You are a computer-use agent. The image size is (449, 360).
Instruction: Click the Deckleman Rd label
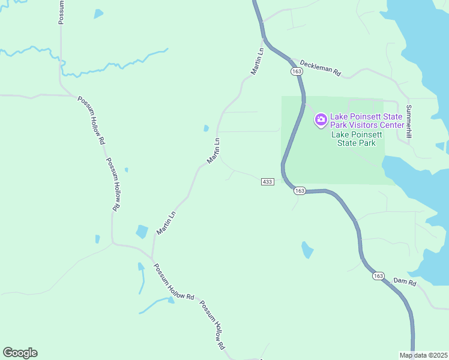pyautogui.click(x=320, y=68)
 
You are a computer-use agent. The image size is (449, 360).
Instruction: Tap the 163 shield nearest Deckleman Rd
pyautogui.click(x=296, y=71)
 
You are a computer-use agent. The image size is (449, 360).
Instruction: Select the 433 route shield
pyautogui.click(x=268, y=181)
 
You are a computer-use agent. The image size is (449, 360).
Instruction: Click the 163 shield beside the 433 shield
pyautogui.click(x=300, y=190)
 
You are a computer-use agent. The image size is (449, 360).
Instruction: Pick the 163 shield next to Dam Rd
pyautogui.click(x=378, y=276)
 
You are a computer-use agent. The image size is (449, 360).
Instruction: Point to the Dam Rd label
pyautogui.click(x=405, y=281)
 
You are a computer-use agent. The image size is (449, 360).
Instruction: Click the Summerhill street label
pyautogui.click(x=409, y=122)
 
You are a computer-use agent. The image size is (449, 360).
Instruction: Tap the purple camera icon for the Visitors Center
pyautogui.click(x=321, y=119)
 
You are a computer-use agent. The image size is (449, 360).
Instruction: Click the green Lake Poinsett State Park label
pyautogui.click(x=356, y=139)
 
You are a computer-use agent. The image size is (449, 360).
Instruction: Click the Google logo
pyautogui.click(x=20, y=353)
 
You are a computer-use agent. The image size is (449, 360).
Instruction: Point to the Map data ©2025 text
pyautogui.click(x=423, y=355)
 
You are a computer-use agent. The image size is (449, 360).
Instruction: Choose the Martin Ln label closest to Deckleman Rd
pyautogui.click(x=258, y=62)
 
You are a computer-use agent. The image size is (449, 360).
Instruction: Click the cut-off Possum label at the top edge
pyautogui.click(x=61, y=12)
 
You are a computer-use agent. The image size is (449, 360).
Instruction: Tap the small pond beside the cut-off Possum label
pyautogui.click(x=98, y=13)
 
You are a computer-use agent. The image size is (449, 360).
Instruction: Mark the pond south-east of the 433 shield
pyautogui.click(x=307, y=249)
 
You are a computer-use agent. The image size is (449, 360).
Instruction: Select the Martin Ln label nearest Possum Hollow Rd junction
pyautogui.click(x=166, y=222)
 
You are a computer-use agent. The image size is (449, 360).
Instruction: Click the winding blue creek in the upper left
pyautogui.click(x=108, y=64)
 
